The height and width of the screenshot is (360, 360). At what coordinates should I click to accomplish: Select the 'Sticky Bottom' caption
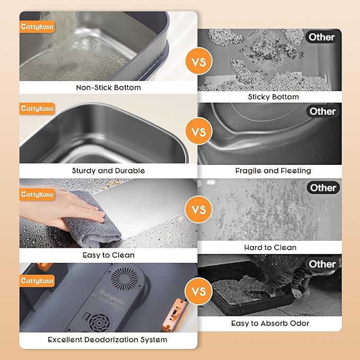[273, 97]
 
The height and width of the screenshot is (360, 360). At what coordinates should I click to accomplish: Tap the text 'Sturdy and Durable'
[108, 171]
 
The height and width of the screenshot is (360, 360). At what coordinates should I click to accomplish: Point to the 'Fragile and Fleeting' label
[273, 171]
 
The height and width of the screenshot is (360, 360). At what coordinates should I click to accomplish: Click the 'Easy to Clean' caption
[108, 255]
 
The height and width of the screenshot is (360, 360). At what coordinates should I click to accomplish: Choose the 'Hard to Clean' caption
[270, 248]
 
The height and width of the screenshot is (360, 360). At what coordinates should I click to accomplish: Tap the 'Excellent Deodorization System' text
[108, 339]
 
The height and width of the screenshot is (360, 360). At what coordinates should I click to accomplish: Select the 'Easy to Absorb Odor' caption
[270, 323]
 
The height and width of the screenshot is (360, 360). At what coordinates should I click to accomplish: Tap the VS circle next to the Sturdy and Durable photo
[198, 131]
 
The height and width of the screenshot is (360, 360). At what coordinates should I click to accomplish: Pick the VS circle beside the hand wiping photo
[198, 210]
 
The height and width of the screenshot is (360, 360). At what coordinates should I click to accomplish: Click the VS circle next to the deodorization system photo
[198, 292]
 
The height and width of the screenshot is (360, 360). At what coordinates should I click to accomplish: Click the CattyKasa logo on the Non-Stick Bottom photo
[37, 27]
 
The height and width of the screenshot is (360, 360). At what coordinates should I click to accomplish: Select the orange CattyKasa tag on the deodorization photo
[37, 280]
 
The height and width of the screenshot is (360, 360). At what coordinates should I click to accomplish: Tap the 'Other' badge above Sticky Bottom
[322, 37]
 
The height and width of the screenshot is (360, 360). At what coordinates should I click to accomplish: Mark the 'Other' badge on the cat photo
[322, 264]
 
